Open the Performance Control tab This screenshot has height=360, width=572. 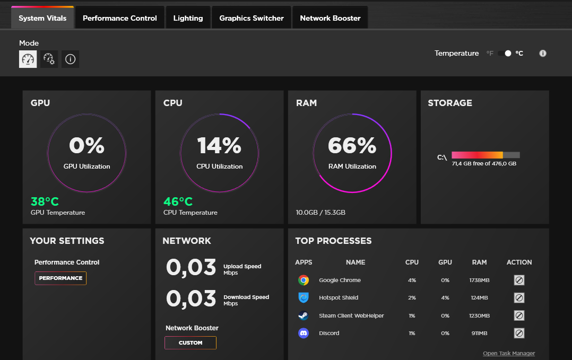click(120, 18)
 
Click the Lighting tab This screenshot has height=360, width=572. click(188, 18)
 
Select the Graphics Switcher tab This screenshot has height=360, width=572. click(252, 18)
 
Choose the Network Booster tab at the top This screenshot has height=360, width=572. click(330, 18)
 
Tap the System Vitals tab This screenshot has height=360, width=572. click(42, 18)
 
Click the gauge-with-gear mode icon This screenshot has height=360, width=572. click(49, 59)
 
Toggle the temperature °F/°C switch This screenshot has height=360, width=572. click(505, 53)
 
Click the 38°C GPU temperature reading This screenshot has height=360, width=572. click(45, 201)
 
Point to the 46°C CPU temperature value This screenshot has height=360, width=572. click(178, 201)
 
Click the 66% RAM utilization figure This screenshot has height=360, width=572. click(352, 145)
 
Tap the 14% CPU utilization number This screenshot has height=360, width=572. click(219, 145)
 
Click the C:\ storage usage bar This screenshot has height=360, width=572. click(486, 155)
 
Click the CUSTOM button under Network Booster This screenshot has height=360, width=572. click(190, 343)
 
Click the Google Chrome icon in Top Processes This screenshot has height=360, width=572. click(304, 280)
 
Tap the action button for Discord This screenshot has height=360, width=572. click(519, 333)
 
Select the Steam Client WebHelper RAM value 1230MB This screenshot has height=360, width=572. click(479, 315)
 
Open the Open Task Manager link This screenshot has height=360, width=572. click(509, 353)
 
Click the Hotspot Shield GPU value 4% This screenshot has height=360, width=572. click(445, 297)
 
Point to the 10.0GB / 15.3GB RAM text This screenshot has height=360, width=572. click(320, 213)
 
